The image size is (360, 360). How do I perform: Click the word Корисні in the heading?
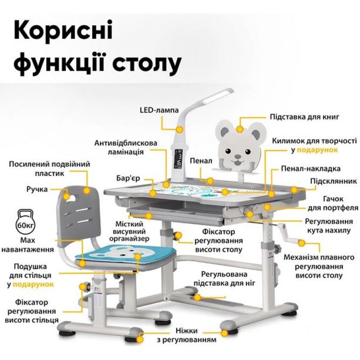pyautogui.click(x=63, y=30)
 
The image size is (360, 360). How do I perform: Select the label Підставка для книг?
pyautogui.click(x=304, y=117)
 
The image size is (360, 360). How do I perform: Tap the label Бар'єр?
pyautogui.click(x=128, y=178)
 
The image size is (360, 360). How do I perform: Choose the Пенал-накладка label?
pyautogui.click(x=310, y=169)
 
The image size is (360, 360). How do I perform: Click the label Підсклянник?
pyautogui.click(x=333, y=181)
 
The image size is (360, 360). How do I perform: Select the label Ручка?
pyautogui.click(x=37, y=189)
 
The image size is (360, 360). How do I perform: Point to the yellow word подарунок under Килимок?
pyautogui.click(x=318, y=150)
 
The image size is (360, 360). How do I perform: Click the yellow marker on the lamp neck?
pyautogui.click(x=179, y=130)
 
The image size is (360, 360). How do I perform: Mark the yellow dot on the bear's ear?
pyautogui.click(x=240, y=129)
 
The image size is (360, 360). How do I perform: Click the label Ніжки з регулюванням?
pyautogui.click(x=187, y=335)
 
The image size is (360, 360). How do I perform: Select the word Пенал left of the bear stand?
pyautogui.click(x=201, y=161)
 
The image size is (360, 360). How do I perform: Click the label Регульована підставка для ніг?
pyautogui.click(x=224, y=279)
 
